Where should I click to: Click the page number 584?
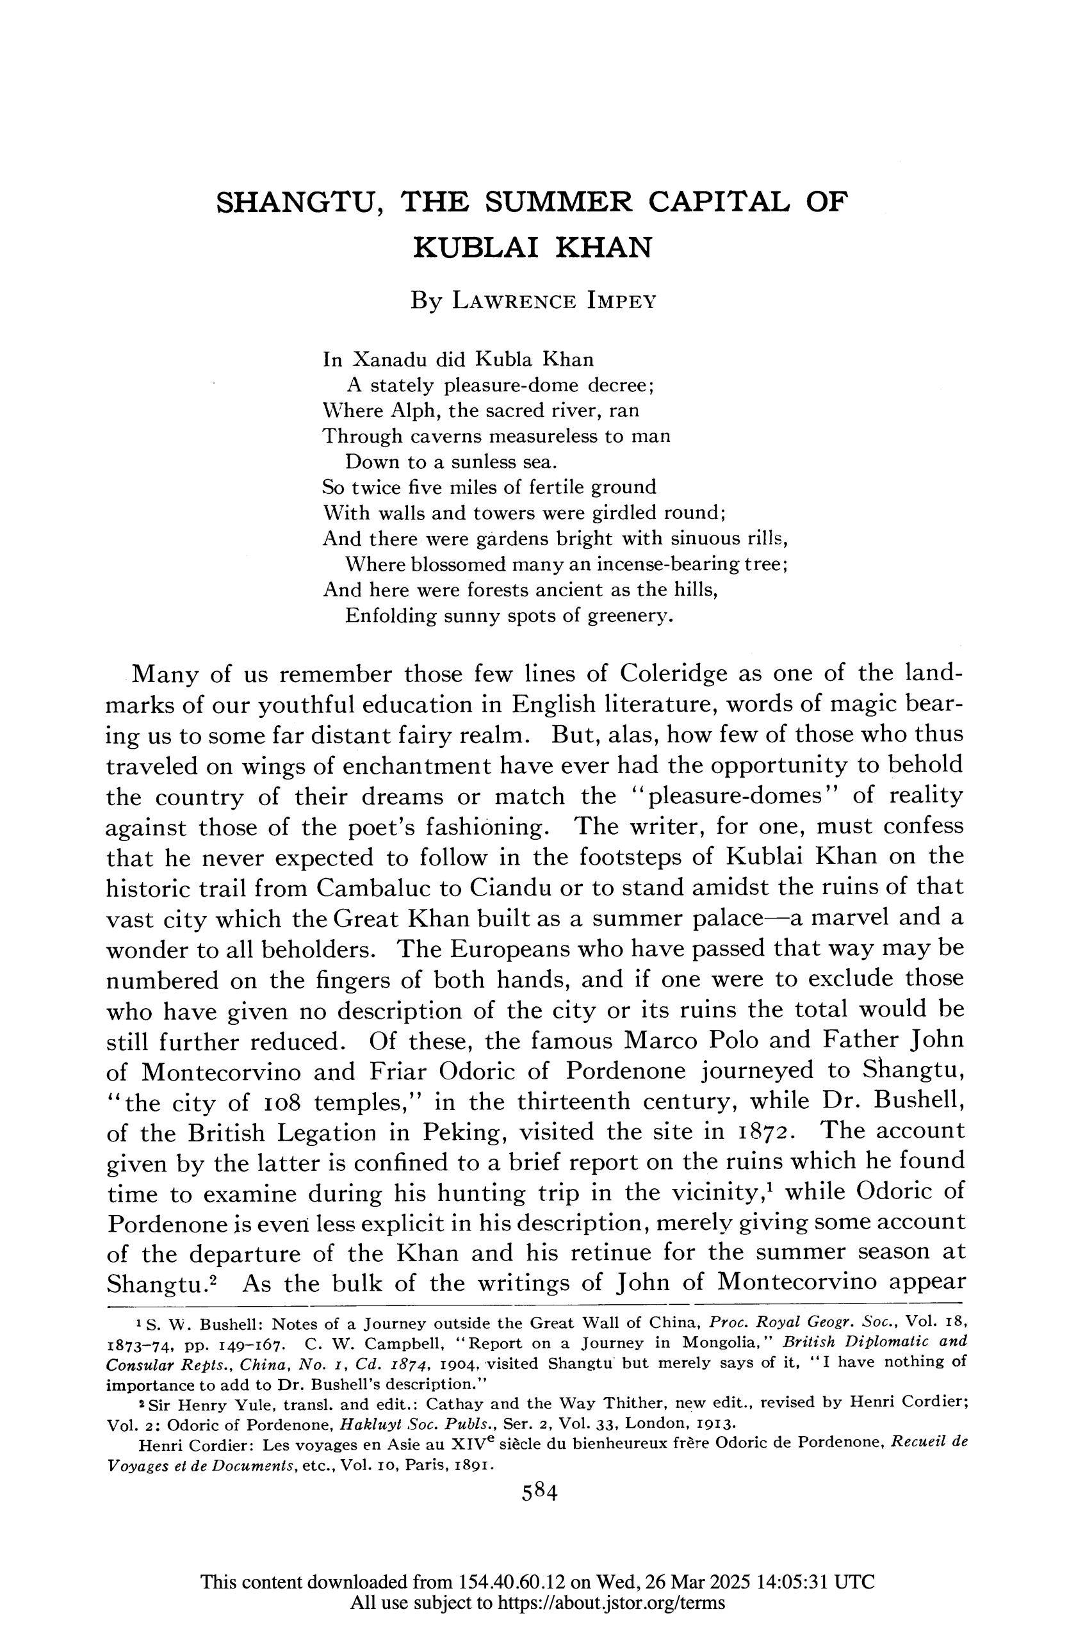click(539, 1492)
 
